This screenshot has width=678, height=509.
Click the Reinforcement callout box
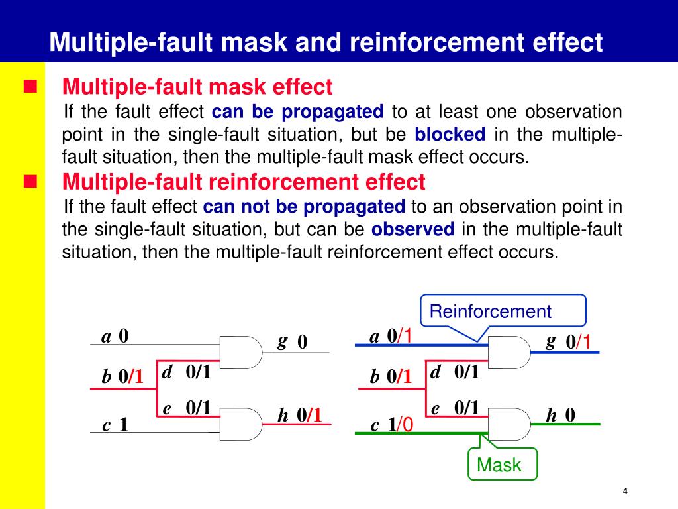click(503, 311)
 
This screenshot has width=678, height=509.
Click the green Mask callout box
click(502, 464)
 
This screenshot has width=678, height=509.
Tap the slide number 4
click(624, 491)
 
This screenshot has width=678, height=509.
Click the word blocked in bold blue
click(450, 134)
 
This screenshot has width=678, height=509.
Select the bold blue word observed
click(413, 229)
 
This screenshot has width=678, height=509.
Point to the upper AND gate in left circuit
click(240, 352)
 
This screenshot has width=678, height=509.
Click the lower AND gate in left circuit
click(240, 424)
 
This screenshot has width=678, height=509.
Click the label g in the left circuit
click(282, 341)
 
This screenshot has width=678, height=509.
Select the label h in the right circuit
click(552, 415)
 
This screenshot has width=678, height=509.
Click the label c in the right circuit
click(375, 425)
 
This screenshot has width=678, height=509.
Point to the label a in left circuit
click(106, 337)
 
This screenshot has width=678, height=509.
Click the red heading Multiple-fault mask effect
click(197, 86)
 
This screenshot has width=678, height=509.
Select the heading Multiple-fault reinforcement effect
click(244, 181)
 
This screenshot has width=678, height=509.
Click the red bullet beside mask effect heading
click(30, 86)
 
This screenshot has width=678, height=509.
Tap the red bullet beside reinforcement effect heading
click(30, 181)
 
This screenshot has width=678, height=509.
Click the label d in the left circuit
click(168, 372)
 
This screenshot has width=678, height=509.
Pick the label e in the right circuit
click(436, 408)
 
